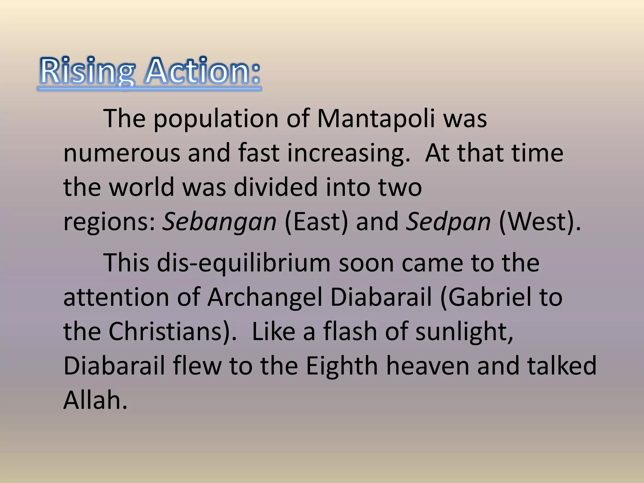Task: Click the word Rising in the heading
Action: (87, 72)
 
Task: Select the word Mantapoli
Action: (376, 119)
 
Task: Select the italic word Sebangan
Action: (219, 222)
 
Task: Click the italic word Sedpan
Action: (448, 222)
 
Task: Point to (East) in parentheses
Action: (316, 222)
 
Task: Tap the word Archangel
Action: (265, 297)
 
